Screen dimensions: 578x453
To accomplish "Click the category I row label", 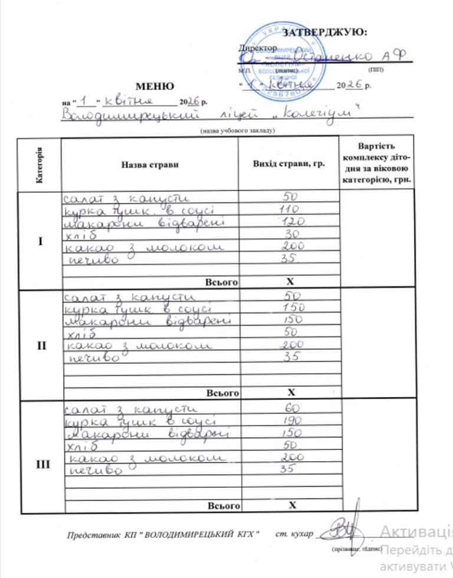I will coord(40,242).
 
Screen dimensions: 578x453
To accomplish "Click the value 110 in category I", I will coord(288,209).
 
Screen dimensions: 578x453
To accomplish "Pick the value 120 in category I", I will coord(289,222).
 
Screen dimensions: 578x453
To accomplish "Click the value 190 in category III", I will coord(289,421).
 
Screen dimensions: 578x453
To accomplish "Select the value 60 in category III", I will coord(290,408).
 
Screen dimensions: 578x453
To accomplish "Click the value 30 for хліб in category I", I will coord(290,234).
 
